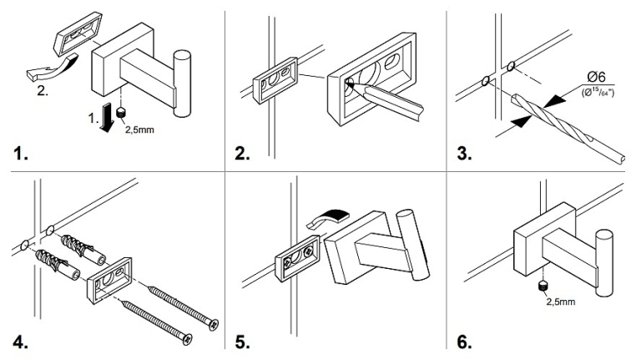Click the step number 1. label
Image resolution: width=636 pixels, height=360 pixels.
pyautogui.click(x=18, y=155)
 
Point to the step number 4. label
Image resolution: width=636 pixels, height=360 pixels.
pyautogui.click(x=18, y=342)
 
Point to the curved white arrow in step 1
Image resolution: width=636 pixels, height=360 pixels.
pyautogui.click(x=51, y=68)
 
